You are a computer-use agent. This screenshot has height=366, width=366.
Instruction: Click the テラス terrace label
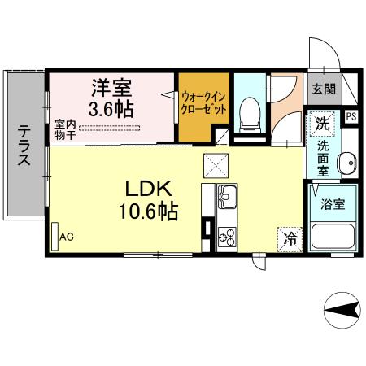click(24, 145)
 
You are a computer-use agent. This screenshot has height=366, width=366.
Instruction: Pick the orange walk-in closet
click(203, 106)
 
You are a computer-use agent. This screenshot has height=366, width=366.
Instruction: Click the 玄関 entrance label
click(317, 89)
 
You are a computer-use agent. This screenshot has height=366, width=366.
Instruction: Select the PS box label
click(351, 116)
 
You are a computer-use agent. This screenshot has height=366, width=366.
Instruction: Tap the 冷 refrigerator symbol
click(290, 239)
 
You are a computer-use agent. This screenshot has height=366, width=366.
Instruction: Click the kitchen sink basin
click(227, 196)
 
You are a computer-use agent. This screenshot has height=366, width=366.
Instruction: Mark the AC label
click(67, 237)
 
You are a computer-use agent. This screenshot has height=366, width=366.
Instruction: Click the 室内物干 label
click(66, 130)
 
